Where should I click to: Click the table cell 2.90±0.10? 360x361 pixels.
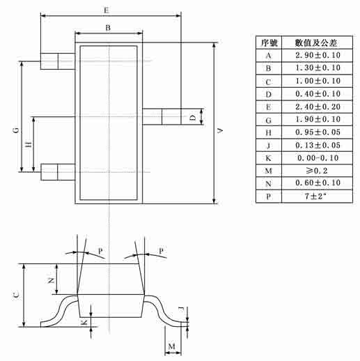(x=318, y=55)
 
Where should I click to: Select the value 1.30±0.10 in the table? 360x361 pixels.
(x=318, y=68)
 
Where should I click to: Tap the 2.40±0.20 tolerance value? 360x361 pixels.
(x=318, y=107)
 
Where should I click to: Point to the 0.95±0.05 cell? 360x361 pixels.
(x=318, y=132)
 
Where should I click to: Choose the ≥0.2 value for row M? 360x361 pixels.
(x=317, y=171)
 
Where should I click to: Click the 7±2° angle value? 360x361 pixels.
(x=315, y=197)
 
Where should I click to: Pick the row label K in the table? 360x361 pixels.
(x=268, y=158)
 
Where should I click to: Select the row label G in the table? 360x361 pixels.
(x=268, y=121)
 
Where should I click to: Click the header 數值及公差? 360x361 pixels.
(x=316, y=43)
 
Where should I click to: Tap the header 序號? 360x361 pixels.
(x=269, y=43)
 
